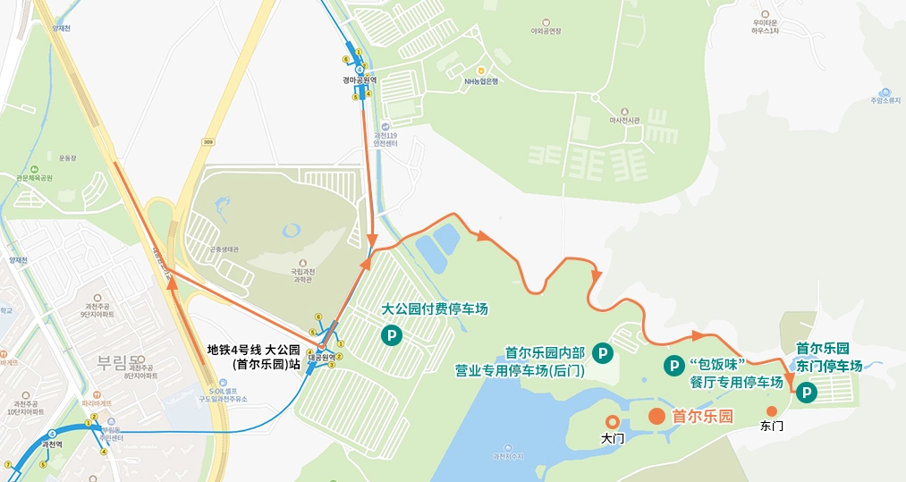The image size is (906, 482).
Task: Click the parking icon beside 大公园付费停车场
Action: tap(391, 336)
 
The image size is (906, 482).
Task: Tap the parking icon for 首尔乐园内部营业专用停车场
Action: tap(604, 354)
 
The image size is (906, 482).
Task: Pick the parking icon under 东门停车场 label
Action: tap(807, 391)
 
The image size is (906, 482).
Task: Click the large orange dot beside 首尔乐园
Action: tap(656, 416)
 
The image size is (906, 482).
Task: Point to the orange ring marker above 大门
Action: tap(613, 420)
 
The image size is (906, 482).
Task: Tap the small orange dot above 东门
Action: tap(772, 410)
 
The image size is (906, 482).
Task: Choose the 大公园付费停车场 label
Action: tap(435, 309)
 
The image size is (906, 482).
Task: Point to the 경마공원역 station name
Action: tap(360, 80)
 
